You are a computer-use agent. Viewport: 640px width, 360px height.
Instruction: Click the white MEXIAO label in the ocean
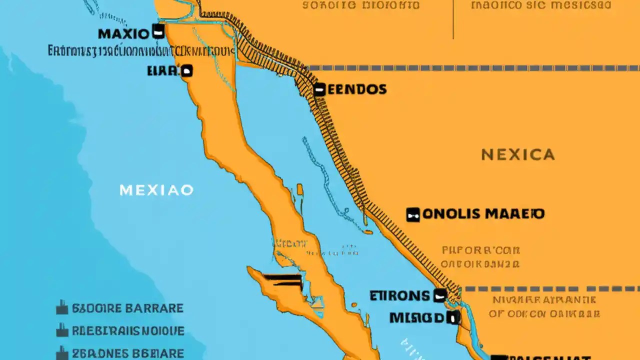(x=156, y=190)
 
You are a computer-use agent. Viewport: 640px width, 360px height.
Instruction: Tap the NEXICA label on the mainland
(x=518, y=154)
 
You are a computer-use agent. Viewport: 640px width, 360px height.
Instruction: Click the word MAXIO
(x=123, y=34)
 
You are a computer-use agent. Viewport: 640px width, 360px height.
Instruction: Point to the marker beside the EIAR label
(x=186, y=71)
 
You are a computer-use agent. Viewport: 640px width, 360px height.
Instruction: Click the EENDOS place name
(x=357, y=89)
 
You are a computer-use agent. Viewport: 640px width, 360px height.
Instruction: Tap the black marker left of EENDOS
(x=319, y=90)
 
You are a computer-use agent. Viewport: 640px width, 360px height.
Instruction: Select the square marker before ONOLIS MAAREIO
(x=412, y=214)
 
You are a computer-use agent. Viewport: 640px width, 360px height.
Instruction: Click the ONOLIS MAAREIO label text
(x=483, y=214)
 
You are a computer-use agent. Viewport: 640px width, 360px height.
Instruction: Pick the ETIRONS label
(x=399, y=295)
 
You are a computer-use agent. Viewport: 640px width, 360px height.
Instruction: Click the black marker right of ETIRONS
(x=440, y=295)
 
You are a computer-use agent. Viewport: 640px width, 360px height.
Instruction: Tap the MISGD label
(x=416, y=317)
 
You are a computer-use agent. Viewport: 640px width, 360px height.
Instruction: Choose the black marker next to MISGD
(x=453, y=317)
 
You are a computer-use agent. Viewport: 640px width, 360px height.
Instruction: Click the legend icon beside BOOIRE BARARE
(x=62, y=307)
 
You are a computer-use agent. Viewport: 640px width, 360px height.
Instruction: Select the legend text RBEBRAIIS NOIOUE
(x=128, y=331)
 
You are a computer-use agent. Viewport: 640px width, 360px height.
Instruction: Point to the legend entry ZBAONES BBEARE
(x=128, y=353)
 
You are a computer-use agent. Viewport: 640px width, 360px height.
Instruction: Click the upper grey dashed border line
(x=470, y=68)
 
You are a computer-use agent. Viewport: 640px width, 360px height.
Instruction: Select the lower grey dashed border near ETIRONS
(x=550, y=288)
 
